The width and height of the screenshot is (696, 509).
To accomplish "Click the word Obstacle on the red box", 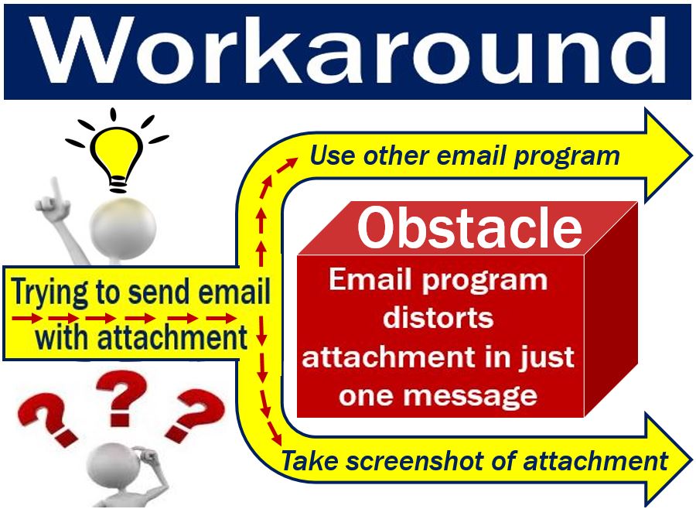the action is coord(469,227).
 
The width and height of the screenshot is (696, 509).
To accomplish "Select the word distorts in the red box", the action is coord(438,318).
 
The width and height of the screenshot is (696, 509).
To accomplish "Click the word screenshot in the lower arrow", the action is coord(428,460).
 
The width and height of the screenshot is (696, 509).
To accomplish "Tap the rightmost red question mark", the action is coord(194,415).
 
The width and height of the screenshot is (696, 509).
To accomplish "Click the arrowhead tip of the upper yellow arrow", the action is coord(691,156).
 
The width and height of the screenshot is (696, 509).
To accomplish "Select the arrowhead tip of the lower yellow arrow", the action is coord(691,459).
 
